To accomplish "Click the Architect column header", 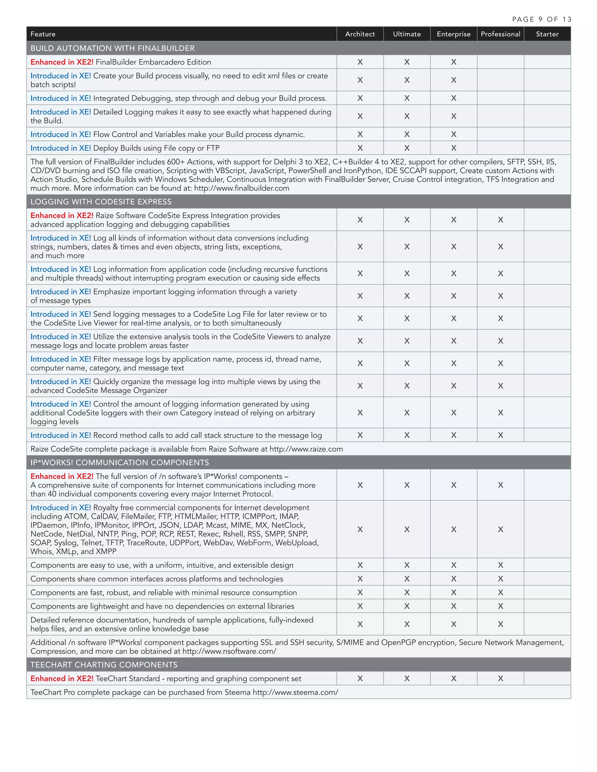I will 360,34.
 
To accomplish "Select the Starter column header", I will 547,34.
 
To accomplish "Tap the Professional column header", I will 500,34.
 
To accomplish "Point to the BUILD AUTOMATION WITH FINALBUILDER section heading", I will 113,48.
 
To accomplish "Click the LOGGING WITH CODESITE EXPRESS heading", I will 101,202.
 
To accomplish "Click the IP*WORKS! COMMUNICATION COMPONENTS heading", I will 120,462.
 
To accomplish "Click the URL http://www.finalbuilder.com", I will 242,188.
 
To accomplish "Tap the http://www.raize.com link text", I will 306,449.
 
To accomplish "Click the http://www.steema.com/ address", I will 295,692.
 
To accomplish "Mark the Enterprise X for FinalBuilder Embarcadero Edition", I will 453,62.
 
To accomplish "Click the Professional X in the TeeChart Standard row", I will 500,678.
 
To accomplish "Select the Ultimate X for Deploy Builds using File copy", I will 407,148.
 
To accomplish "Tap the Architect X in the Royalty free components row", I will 360,529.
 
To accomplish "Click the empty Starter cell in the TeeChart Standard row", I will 547,678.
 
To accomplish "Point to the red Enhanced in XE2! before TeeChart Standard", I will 62,678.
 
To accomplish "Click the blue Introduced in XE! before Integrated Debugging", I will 60,98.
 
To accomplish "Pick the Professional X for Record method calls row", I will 500,435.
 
